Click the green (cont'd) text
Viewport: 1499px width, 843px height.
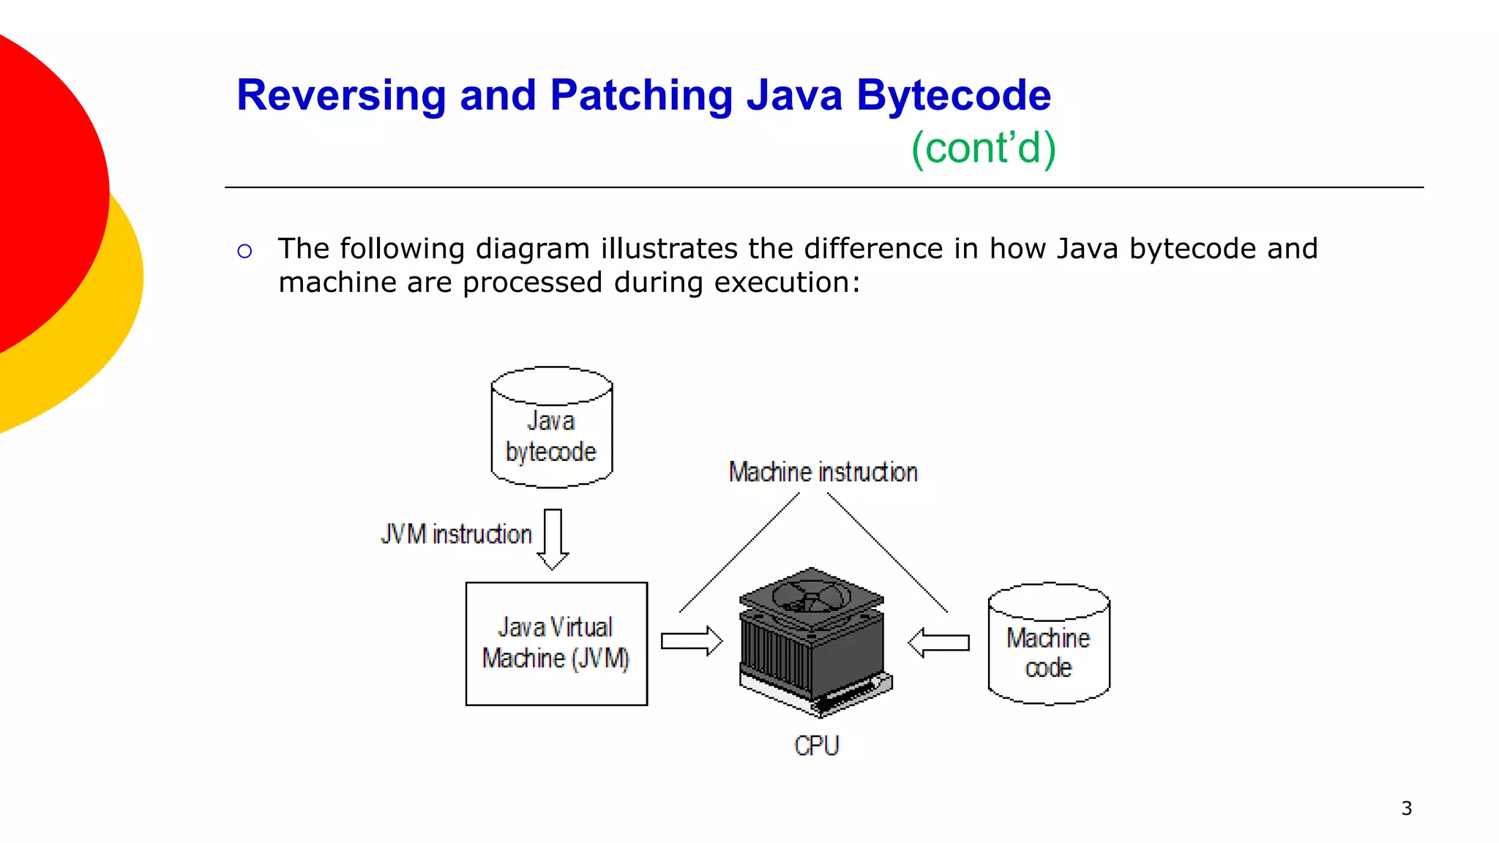983,149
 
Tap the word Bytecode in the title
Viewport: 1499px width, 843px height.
953,96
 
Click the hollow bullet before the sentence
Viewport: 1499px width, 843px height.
244,252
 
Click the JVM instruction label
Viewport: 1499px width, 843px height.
456,534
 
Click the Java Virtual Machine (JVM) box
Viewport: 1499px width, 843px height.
556,643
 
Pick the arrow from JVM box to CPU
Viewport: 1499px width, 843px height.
691,641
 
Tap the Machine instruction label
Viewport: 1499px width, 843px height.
823,472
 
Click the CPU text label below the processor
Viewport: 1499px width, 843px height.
816,746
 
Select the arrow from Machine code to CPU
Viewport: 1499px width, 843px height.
938,642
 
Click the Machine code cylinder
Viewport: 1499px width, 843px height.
1048,647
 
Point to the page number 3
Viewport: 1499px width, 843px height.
1406,809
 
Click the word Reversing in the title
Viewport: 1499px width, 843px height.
341,96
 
